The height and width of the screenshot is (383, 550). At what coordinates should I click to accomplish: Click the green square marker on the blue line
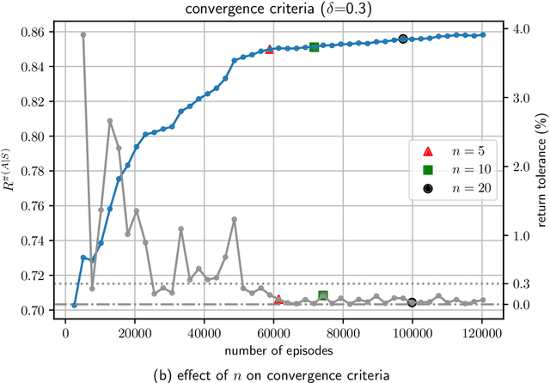click(314, 47)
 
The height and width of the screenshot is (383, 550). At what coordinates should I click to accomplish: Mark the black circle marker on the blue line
click(403, 39)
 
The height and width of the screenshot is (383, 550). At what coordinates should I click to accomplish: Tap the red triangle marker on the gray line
click(278, 300)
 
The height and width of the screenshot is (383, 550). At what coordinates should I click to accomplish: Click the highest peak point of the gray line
click(82, 34)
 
